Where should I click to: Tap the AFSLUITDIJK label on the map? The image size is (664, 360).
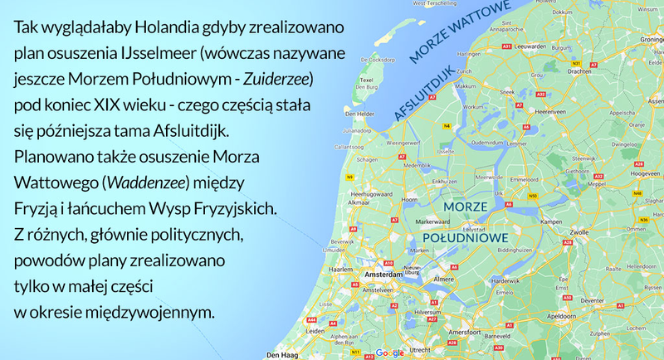point(425,92)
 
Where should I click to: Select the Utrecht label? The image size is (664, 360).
point(420,350)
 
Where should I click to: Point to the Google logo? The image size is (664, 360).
point(388,353)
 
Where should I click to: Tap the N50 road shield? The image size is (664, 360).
point(533,196)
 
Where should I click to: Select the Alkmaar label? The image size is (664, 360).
point(359,202)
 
